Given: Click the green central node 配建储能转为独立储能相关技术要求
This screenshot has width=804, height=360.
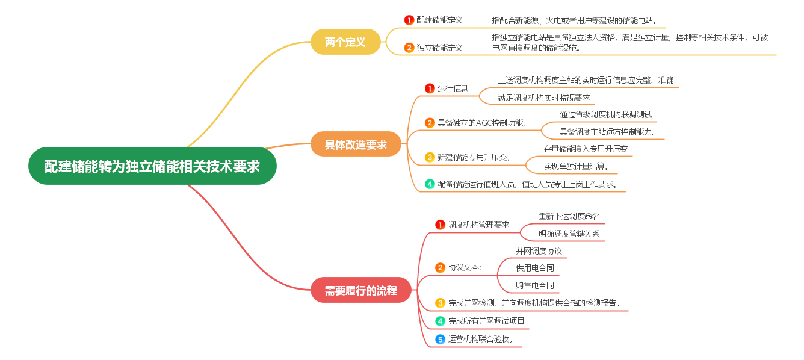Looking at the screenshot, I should [x=152, y=166].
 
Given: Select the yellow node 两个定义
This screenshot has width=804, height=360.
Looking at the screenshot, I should [x=345, y=42].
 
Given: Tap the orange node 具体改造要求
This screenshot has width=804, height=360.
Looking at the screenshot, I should [x=356, y=144].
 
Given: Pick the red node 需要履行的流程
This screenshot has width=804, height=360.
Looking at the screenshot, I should [x=360, y=290].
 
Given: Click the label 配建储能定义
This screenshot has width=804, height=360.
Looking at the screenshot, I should [x=439, y=20].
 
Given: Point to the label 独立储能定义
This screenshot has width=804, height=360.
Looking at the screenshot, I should [x=439, y=47].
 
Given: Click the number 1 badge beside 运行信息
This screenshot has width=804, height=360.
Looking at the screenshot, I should [x=430, y=88].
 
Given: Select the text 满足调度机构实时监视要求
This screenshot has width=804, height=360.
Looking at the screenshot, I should [x=543, y=98].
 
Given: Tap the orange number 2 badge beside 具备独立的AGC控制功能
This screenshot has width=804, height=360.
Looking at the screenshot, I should [x=430, y=123].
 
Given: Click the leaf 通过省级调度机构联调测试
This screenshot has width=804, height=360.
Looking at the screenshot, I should [x=605, y=114].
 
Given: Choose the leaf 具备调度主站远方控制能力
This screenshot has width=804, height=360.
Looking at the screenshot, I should [x=607, y=132].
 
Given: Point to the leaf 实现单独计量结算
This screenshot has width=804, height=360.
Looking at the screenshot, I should [x=576, y=166].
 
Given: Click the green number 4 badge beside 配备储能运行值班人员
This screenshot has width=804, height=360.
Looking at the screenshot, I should [x=430, y=184].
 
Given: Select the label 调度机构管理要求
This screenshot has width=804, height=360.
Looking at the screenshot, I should [x=478, y=225].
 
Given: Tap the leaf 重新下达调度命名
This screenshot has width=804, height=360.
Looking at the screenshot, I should [x=569, y=216].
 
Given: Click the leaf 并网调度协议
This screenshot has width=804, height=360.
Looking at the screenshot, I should [x=539, y=251].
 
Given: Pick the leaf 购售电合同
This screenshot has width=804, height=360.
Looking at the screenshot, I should [x=534, y=285].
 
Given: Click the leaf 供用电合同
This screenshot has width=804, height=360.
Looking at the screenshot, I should [x=534, y=268].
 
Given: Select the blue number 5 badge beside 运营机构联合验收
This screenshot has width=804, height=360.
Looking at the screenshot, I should [x=441, y=340].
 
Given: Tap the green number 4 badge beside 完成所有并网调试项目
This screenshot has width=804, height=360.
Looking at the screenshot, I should [x=441, y=321].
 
